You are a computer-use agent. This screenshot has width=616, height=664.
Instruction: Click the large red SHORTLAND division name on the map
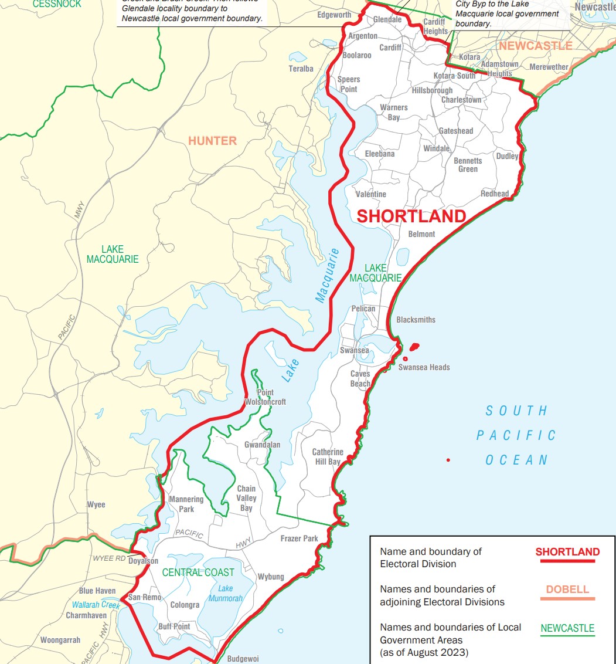(411, 216)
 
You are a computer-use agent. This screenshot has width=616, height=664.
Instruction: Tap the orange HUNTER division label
(212, 141)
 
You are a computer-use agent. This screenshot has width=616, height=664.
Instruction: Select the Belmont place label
(421, 234)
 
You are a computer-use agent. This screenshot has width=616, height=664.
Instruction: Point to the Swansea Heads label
(424, 367)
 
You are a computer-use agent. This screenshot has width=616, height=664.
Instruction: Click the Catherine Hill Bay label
(327, 457)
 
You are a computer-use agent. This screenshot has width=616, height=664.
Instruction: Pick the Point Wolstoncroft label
(266, 398)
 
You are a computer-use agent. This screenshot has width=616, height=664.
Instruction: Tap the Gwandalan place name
(262, 445)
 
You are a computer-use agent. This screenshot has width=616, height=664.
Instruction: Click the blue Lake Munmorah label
(225, 593)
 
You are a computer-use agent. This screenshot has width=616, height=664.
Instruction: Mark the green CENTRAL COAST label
(198, 572)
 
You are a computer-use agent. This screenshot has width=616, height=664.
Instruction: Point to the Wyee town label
(96, 504)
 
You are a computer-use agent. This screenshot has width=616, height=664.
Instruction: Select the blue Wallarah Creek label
(96, 605)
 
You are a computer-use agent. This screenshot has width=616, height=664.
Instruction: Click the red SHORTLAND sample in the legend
(567, 552)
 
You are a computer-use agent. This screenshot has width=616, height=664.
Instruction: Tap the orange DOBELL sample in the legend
(567, 590)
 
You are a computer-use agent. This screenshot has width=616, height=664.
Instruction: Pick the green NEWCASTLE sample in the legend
(567, 628)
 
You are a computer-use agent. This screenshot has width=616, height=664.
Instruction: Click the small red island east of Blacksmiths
(415, 346)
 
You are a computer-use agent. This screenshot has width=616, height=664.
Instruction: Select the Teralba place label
(301, 69)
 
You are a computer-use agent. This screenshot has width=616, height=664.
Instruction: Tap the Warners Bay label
(393, 113)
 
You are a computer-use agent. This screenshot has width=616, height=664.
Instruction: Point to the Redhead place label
(495, 194)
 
